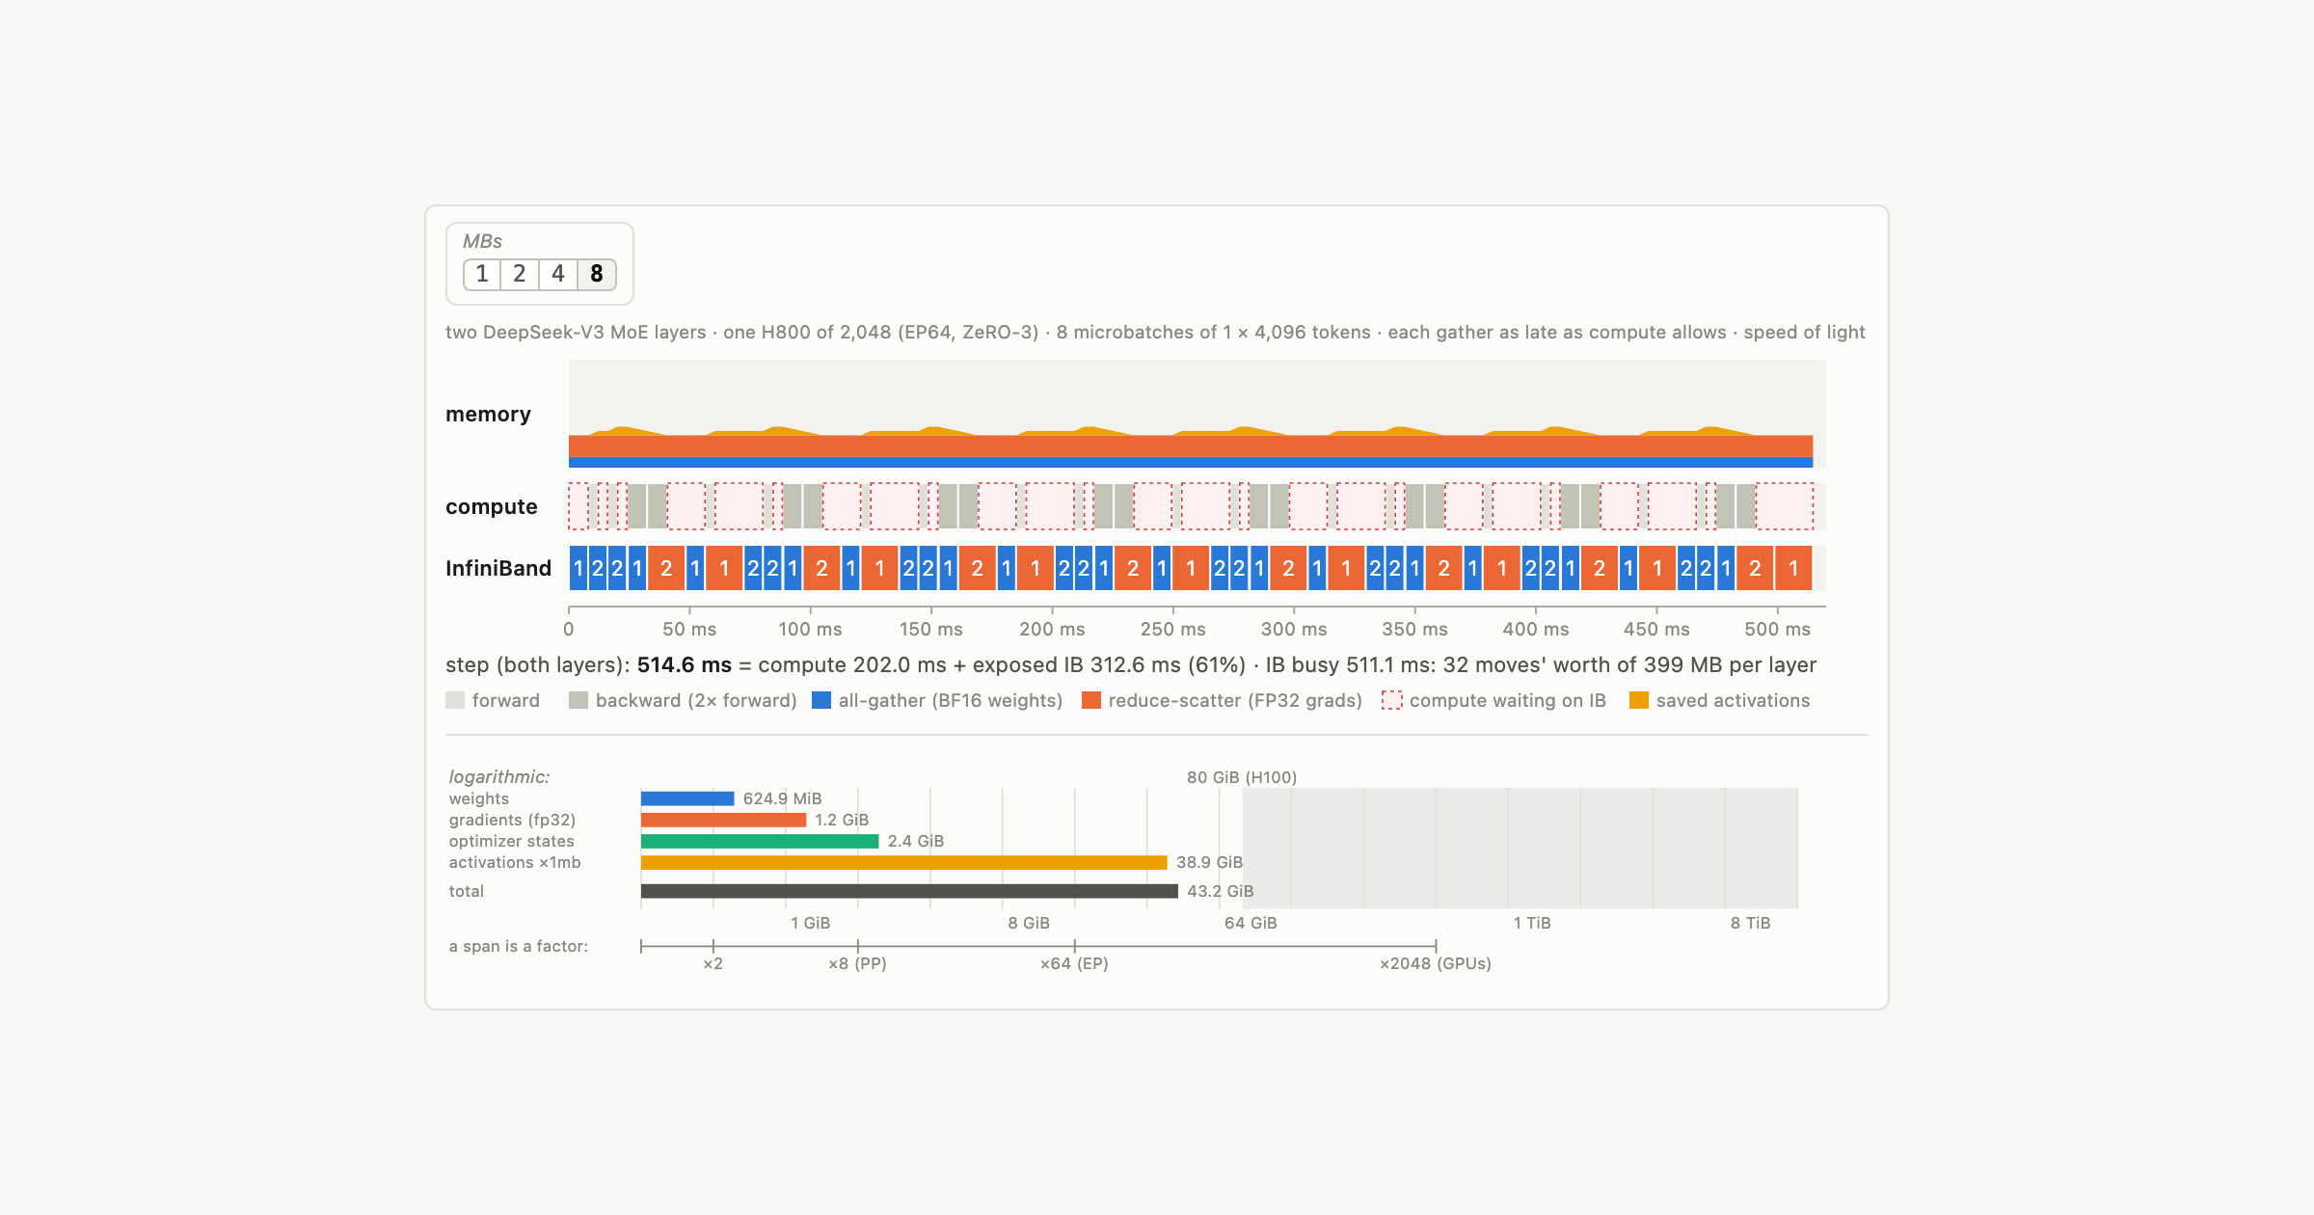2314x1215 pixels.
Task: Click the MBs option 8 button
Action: tap(597, 274)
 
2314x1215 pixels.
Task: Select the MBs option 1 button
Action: tap(482, 274)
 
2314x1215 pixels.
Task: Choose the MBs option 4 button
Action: tap(558, 274)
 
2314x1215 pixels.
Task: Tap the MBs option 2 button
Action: tap(520, 274)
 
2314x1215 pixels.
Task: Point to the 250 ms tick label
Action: tap(1172, 629)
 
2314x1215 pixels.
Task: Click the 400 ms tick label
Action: tap(1535, 629)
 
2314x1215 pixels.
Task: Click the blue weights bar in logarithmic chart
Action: tap(687, 798)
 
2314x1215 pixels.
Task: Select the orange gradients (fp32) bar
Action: tap(723, 820)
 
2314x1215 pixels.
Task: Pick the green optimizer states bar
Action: tap(760, 841)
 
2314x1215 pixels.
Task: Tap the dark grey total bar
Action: tap(909, 891)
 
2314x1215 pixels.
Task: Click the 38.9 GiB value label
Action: tap(1209, 862)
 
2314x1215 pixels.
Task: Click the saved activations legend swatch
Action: tap(1639, 700)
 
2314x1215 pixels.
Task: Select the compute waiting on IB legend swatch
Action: tap(1391, 700)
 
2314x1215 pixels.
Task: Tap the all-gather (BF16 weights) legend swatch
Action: tap(821, 700)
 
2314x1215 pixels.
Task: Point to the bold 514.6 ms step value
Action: tap(685, 664)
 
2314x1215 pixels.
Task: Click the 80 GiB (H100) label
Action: tap(1242, 777)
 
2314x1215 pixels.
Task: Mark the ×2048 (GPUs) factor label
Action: tap(1436, 963)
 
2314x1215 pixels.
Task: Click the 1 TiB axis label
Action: tap(1532, 923)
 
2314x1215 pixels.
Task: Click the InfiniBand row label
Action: tap(498, 568)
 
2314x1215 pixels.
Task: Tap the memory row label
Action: tap(488, 415)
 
